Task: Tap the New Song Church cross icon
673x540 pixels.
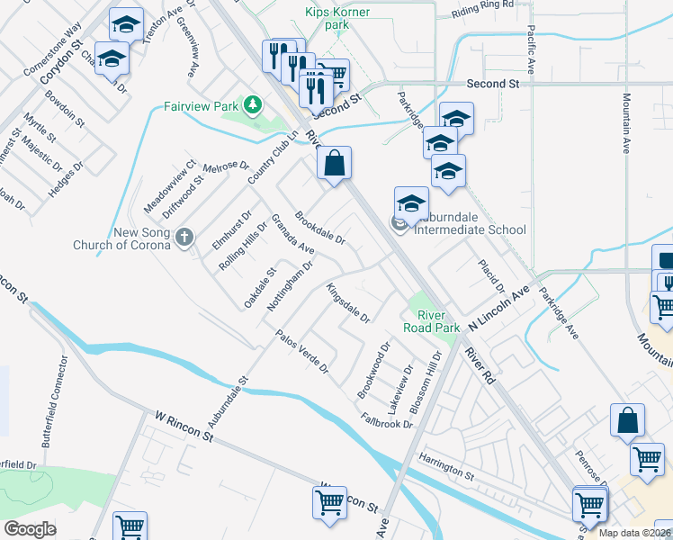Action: coord(184,238)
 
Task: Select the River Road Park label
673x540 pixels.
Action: coord(438,321)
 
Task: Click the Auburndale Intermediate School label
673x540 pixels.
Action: coord(470,229)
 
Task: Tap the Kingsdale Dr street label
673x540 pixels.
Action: coord(348,303)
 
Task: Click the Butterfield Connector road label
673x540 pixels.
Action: coord(54,400)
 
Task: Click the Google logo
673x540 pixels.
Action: coord(31,529)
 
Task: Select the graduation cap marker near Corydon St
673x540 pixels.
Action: coord(112,59)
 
